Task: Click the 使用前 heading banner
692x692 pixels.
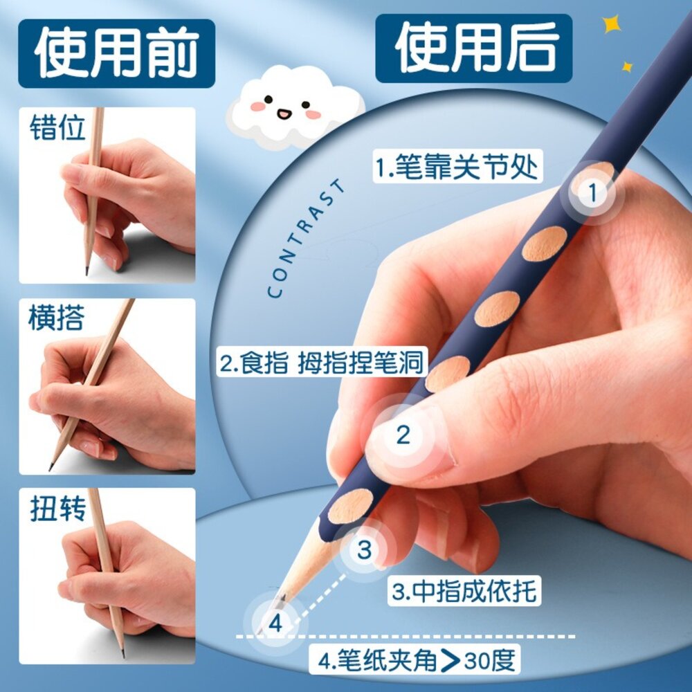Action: [x=116, y=53]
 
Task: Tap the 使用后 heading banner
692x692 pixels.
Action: [x=473, y=48]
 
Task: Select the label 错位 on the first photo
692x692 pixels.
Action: [x=57, y=127]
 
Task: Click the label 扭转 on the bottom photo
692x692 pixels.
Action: [x=57, y=508]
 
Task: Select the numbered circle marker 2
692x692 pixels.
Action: [x=403, y=435]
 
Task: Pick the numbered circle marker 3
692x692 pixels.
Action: [x=364, y=550]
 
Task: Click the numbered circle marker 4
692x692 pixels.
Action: [x=275, y=623]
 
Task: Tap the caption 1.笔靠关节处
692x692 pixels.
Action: [x=457, y=167]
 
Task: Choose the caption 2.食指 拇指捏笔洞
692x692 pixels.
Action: [x=322, y=363]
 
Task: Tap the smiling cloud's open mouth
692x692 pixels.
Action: [x=283, y=114]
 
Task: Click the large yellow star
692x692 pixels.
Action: [x=612, y=24]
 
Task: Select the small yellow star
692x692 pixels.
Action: [x=627, y=67]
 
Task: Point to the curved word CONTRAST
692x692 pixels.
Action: [x=304, y=238]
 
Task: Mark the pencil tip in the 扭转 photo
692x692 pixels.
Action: [x=122, y=653]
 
